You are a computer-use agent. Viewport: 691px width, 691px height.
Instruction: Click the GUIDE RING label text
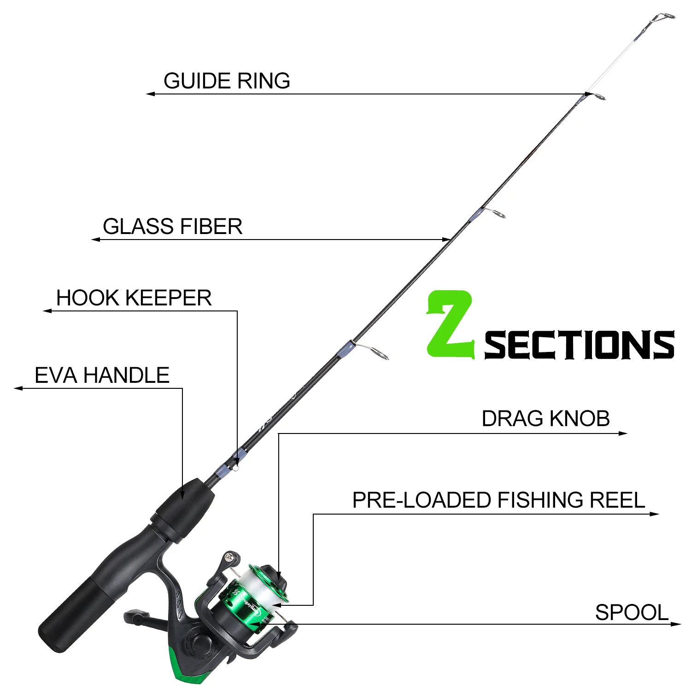(x=227, y=81)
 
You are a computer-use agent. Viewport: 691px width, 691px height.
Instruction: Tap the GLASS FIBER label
(x=172, y=227)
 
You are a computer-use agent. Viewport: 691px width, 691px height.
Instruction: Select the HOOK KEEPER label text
(x=134, y=298)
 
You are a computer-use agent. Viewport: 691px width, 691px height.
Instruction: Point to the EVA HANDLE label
(x=102, y=375)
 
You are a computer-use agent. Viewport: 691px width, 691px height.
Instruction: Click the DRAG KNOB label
(x=545, y=419)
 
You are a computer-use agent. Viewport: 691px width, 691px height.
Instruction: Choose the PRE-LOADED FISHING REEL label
(x=498, y=500)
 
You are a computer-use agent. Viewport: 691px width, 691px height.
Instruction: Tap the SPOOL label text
(x=631, y=613)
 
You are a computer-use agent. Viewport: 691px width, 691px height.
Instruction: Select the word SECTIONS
(x=579, y=345)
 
